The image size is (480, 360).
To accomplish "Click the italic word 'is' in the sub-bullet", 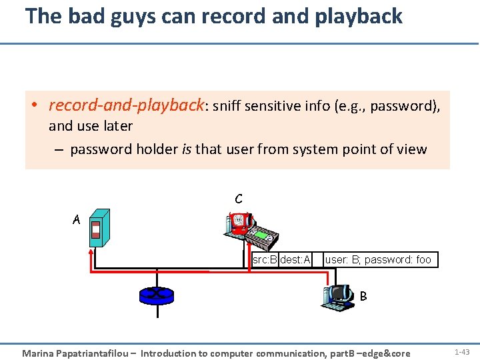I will tap(186, 149).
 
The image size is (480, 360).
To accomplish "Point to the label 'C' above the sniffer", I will tap(238, 199).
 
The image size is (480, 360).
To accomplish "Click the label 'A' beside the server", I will tap(77, 219).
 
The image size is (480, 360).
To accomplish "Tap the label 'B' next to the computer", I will tap(363, 295).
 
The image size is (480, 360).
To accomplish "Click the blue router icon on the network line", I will tap(156, 295).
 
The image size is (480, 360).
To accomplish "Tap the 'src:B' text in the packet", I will tap(265, 259).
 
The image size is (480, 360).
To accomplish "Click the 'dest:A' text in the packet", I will tap(295, 259).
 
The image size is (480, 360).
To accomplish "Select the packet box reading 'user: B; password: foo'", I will tap(378, 259).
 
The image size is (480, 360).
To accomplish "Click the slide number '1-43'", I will tap(462, 351).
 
